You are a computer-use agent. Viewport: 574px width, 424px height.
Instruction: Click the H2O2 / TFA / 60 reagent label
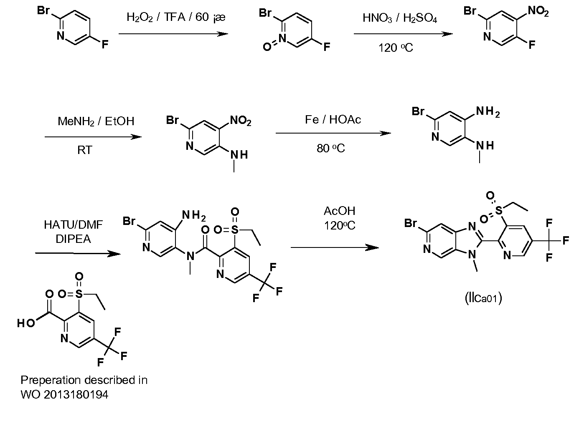click(176, 18)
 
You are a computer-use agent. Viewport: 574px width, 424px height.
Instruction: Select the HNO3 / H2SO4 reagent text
click(400, 18)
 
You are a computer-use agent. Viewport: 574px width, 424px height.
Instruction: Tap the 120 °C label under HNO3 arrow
click(396, 48)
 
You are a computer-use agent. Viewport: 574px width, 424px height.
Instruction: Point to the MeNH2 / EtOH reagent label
click(96, 121)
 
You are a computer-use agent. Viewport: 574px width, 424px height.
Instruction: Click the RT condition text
click(85, 150)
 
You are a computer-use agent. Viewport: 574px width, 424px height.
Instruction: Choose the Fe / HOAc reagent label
click(333, 119)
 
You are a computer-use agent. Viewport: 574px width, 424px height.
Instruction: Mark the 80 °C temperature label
click(331, 148)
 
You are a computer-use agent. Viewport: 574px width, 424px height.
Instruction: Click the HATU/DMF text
click(73, 225)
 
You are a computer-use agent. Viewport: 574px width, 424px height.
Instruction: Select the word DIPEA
click(73, 239)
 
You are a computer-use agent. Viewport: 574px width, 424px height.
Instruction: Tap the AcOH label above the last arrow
click(339, 211)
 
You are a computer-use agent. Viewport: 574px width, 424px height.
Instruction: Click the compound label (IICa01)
click(483, 298)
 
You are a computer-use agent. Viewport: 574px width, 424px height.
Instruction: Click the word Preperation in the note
click(51, 381)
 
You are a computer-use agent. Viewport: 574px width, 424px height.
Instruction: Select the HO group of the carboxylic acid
click(26, 323)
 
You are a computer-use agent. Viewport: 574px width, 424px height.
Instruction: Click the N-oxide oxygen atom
click(267, 47)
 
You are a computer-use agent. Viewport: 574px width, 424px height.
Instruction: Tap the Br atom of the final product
click(410, 223)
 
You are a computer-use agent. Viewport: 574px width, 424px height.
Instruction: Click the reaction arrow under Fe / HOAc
click(333, 133)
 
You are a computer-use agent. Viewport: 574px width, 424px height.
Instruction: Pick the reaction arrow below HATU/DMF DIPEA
click(78, 254)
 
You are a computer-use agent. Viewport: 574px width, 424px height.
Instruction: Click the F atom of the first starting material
click(105, 45)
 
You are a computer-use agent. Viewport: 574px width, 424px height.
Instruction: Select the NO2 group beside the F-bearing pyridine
click(538, 11)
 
